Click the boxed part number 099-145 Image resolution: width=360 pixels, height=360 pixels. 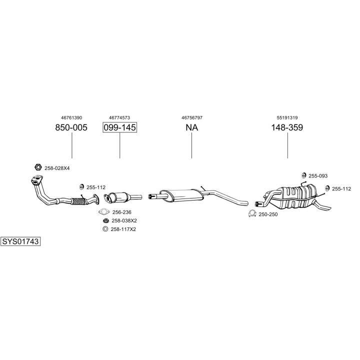(119, 127)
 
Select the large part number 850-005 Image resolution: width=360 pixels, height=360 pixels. (71, 127)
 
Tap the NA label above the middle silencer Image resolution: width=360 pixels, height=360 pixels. (191, 127)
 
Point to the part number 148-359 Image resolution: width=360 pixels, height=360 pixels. (287, 127)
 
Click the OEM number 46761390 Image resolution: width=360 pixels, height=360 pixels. (71, 118)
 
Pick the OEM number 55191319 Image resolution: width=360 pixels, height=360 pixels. (287, 118)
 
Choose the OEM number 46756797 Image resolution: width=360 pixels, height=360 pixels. (192, 118)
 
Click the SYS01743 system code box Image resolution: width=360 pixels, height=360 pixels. (20, 241)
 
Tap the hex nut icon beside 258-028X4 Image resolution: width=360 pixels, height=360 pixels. (38, 167)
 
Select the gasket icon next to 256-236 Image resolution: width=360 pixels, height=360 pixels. (104, 211)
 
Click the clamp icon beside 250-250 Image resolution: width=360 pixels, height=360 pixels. (252, 214)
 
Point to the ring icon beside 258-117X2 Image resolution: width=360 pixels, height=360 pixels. (105, 229)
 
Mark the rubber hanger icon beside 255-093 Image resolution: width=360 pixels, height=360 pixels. (304, 175)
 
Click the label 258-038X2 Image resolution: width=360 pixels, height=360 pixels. (124, 220)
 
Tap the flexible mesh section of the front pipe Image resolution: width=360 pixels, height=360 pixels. (78, 201)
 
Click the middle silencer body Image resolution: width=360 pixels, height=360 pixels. (181, 196)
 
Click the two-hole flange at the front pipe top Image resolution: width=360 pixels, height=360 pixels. (37, 179)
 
